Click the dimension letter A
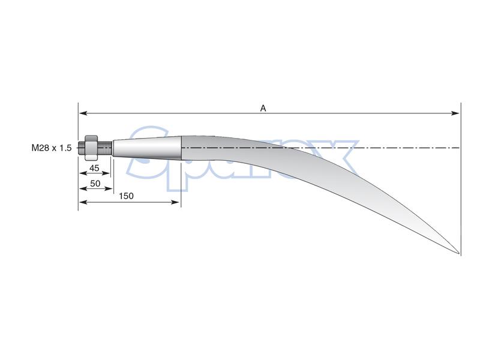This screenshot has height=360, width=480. click(x=263, y=108)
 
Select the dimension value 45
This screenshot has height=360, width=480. click(x=94, y=168)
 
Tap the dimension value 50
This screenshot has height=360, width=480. click(x=95, y=182)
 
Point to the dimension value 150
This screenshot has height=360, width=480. click(x=126, y=196)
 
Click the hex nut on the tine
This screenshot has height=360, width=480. click(x=91, y=147)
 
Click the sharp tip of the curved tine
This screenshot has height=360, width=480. click(x=459, y=253)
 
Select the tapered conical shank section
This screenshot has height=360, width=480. click(x=147, y=148)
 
